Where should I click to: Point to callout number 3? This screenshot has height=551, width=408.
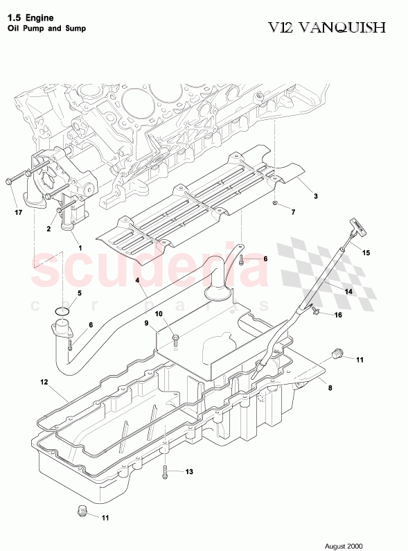(315, 197)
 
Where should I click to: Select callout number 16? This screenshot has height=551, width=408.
(338, 315)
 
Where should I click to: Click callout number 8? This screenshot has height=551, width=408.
(330, 388)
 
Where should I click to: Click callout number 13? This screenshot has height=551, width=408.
(189, 472)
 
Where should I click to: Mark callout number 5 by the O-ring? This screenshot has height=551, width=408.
(79, 293)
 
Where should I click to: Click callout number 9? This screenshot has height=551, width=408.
(146, 322)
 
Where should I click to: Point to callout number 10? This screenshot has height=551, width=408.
(159, 314)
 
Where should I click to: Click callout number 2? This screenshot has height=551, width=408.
(49, 228)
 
